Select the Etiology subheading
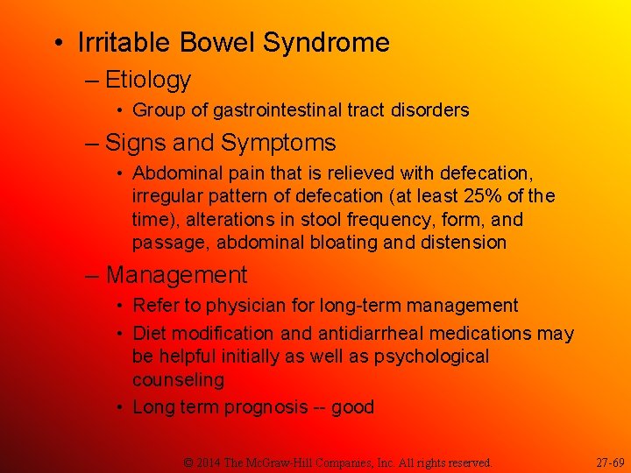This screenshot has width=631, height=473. click(x=147, y=80)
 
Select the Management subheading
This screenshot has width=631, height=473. click(x=176, y=275)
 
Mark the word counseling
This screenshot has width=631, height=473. click(x=178, y=380)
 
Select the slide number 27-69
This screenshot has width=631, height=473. click(x=610, y=462)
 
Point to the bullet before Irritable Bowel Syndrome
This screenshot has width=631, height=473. click(x=57, y=43)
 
